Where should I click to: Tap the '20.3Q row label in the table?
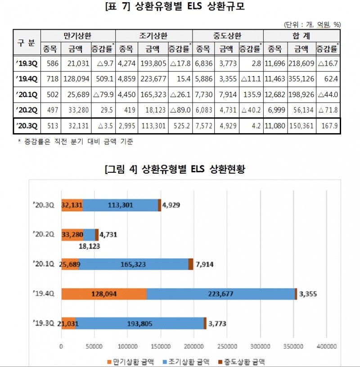coord(27,126)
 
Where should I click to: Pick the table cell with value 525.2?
coord(180,126)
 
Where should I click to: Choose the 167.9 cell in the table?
coord(328,126)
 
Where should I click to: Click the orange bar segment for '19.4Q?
coord(104,294)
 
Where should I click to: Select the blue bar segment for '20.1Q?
coord(133,264)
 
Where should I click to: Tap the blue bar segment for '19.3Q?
coord(139,323)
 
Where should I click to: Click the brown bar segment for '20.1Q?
coord(191,264)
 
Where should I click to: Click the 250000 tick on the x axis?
coord(226,346)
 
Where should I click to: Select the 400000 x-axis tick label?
coord(325,346)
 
